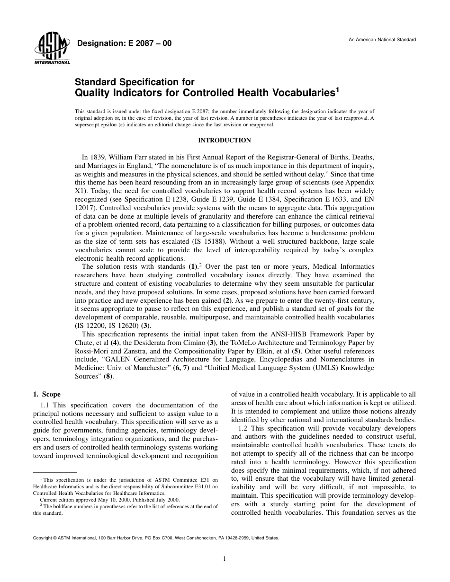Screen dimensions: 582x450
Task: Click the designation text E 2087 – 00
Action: pos(124,44)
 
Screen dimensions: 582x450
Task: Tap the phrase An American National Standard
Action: pos(382,39)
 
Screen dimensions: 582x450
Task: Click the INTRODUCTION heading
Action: pos(224,140)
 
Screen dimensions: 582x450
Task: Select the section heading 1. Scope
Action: pos(46,394)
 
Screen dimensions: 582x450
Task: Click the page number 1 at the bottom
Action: pos(225,559)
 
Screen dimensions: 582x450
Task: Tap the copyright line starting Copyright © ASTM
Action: pos(156,538)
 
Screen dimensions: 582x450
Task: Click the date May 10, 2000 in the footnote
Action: pos(103,499)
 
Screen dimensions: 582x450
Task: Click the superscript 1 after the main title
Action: pos(337,89)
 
